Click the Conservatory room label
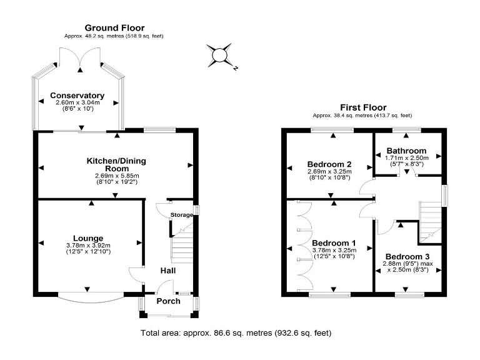tap(77, 96)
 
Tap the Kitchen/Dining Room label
tap(115, 164)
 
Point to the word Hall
tap(167, 271)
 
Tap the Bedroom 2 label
tap(329, 164)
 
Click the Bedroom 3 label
tap(407, 256)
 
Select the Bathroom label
tap(406, 151)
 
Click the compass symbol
tap(220, 56)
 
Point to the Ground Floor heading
tap(114, 27)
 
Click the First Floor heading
tap(362, 107)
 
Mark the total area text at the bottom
tap(236, 333)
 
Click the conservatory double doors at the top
tap(78, 57)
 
